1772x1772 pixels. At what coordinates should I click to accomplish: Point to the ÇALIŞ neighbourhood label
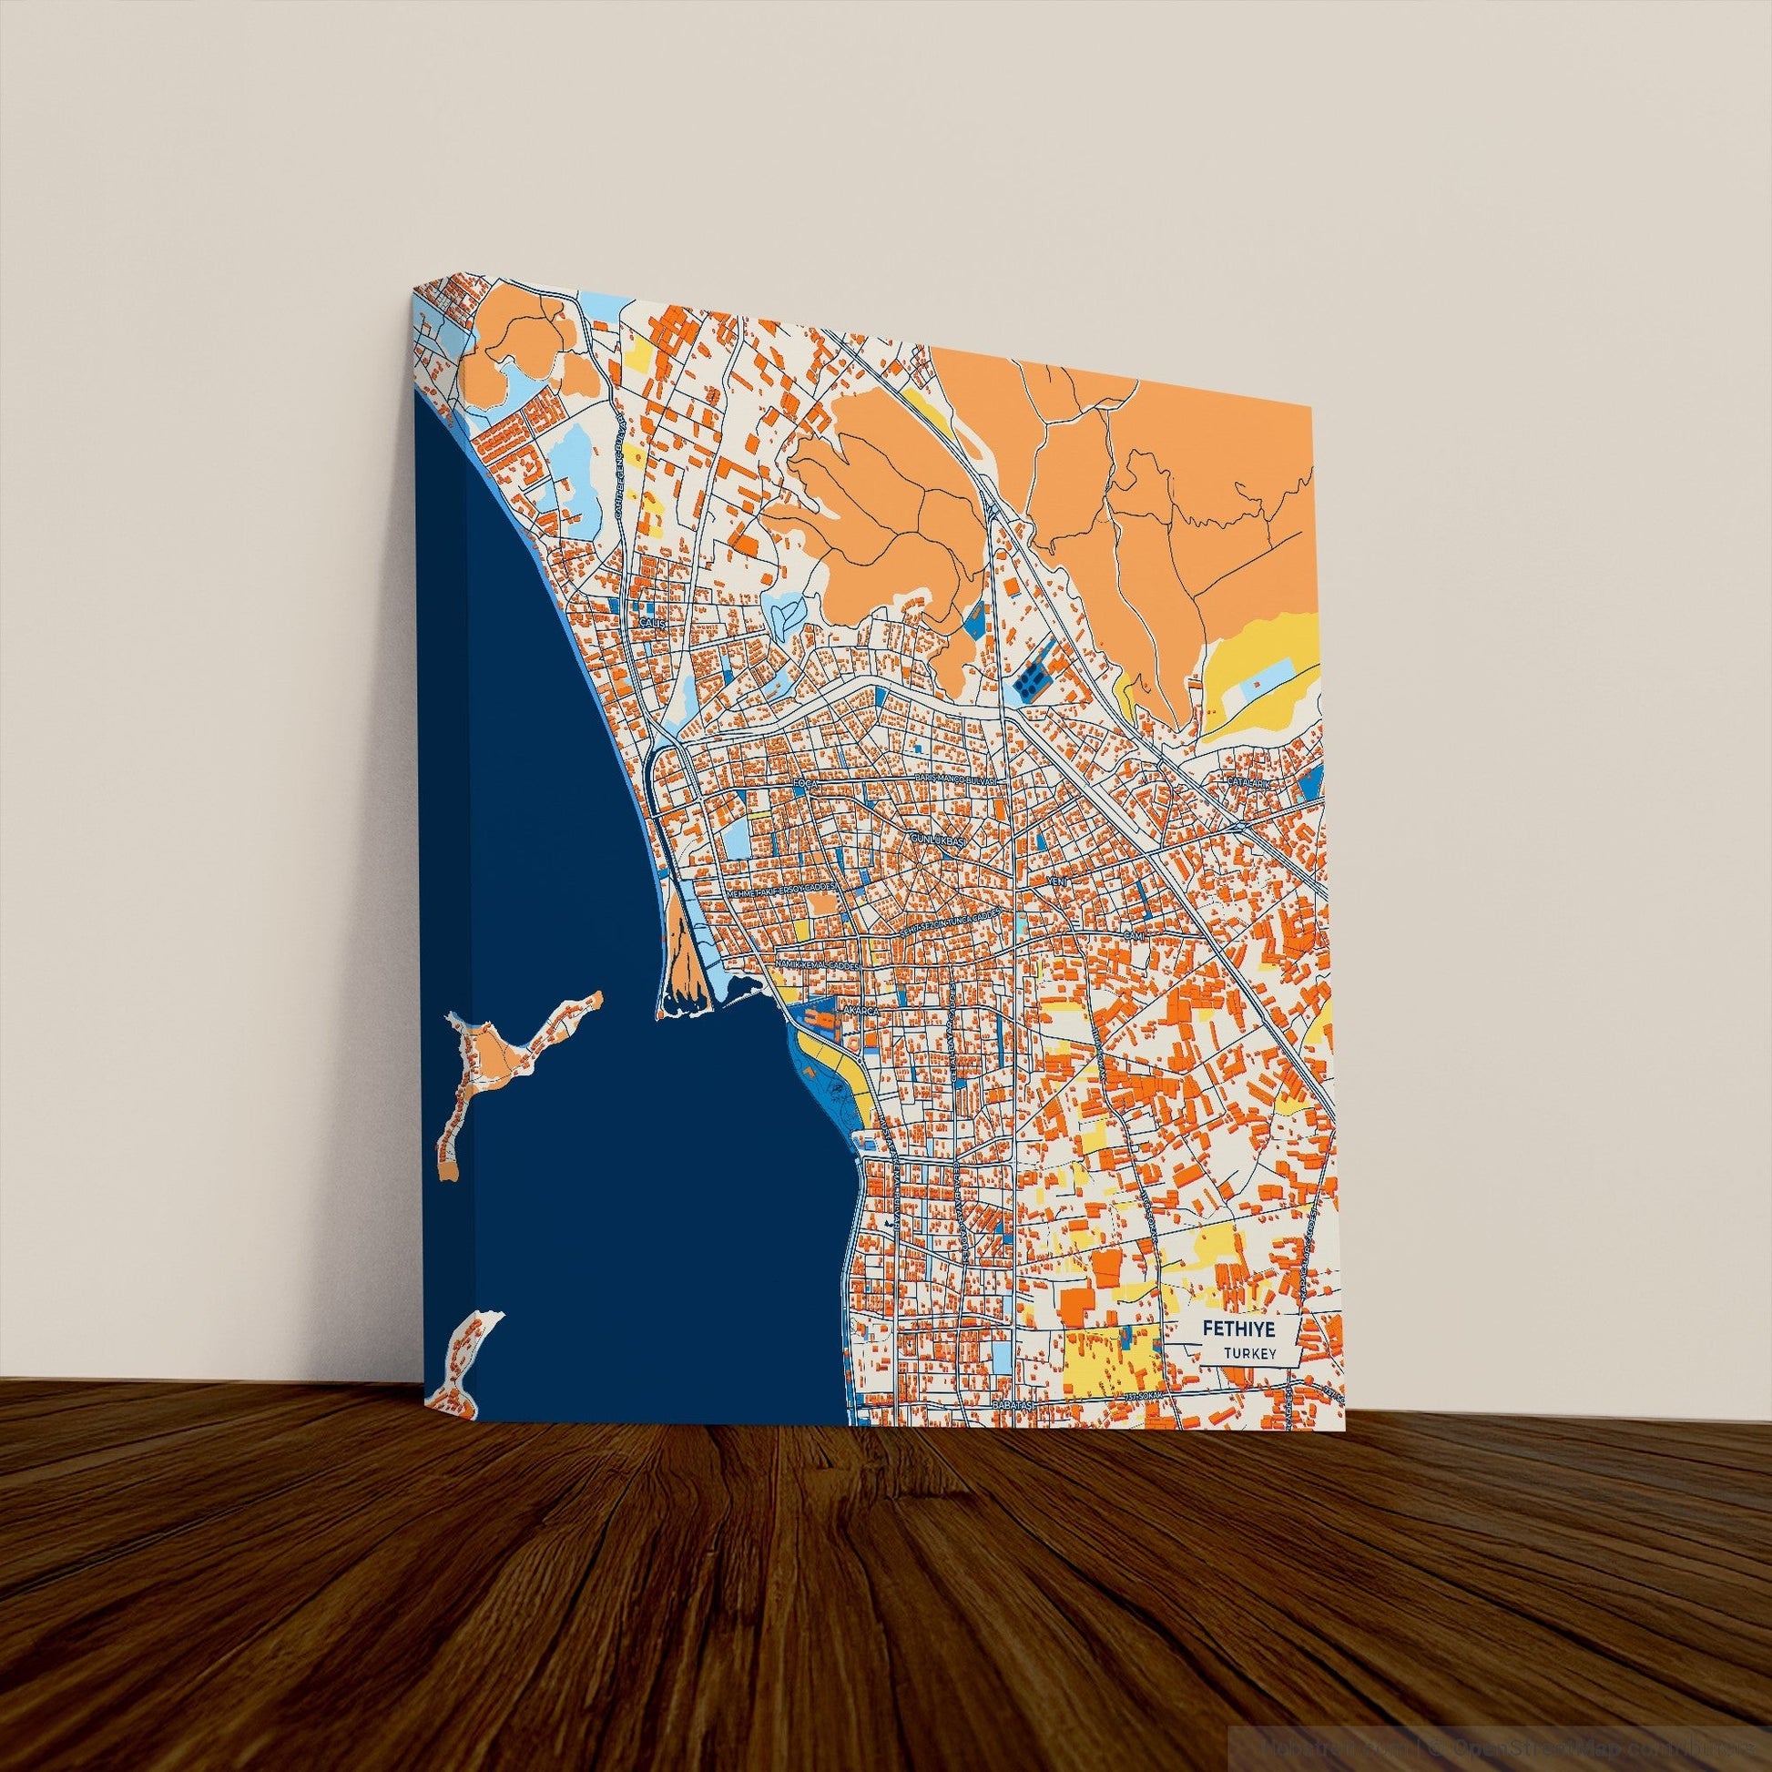pyautogui.click(x=650, y=622)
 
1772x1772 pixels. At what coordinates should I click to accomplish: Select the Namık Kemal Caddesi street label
pyautogui.click(x=815, y=966)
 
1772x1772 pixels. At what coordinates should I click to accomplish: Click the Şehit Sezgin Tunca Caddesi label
pyautogui.click(x=949, y=922)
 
